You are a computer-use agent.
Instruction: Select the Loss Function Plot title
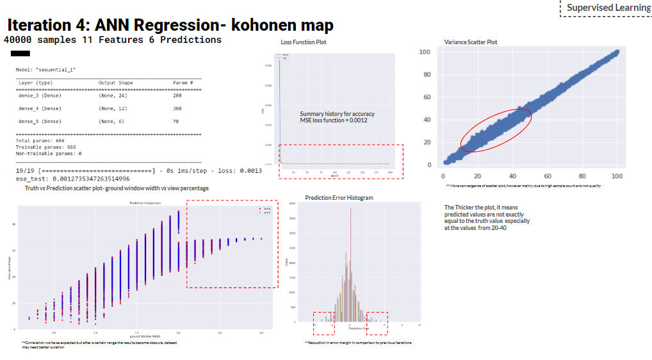pos(303,42)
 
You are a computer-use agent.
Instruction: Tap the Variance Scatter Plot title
pos(470,42)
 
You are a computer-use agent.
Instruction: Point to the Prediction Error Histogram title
pos(339,198)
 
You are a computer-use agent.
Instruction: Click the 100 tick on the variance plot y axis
pos(424,52)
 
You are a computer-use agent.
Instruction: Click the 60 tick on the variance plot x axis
pos(548,176)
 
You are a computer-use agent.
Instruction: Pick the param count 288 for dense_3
pos(177,95)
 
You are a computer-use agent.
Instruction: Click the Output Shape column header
pos(115,83)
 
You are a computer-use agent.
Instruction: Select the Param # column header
pos(181,83)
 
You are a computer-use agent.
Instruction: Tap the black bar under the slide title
pos(20,53)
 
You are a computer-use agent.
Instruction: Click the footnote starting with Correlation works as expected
pos(99,345)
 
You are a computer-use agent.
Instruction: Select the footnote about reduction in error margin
pos(358,343)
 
